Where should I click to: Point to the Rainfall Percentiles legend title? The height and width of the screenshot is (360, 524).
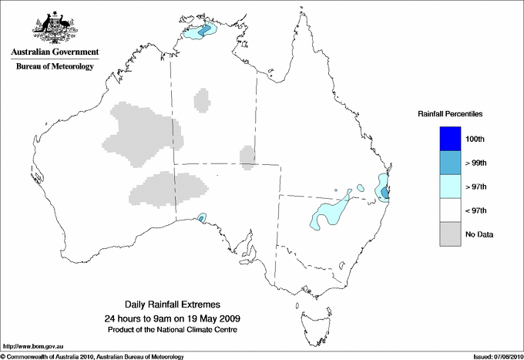[x=450, y=114]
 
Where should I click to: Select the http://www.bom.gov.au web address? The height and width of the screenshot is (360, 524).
[x=33, y=346]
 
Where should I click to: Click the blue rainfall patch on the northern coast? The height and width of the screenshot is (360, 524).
[x=204, y=31]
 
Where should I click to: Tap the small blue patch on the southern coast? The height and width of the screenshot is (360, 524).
[x=202, y=218]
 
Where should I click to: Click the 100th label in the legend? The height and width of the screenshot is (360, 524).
[x=475, y=139]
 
